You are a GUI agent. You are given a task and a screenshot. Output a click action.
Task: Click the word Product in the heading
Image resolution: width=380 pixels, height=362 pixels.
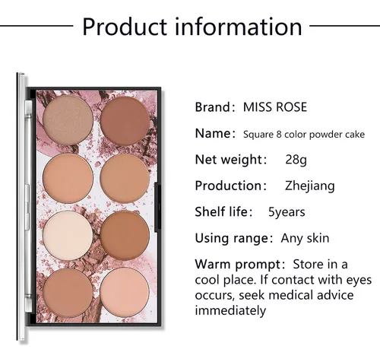click(x=125, y=27)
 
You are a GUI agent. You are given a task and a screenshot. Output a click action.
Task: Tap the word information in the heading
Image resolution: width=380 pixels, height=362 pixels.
click(x=239, y=26)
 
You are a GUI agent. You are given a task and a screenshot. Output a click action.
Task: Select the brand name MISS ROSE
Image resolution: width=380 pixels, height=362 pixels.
click(x=275, y=107)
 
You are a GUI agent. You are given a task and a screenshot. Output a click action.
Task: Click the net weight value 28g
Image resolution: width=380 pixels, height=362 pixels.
click(x=296, y=160)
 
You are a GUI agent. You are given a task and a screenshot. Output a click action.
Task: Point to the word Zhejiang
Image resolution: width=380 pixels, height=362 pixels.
click(x=310, y=186)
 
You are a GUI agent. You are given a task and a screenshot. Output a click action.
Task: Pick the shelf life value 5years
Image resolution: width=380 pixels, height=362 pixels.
click(x=287, y=212)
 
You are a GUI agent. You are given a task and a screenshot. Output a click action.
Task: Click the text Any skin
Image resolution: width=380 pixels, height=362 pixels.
click(x=305, y=238)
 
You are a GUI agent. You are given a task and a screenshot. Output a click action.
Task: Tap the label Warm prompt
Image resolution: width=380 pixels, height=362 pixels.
click(x=238, y=265)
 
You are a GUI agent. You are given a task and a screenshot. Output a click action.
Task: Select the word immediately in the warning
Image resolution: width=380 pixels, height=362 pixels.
click(x=230, y=310)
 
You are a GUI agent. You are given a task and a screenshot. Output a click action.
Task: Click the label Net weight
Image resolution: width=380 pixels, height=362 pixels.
click(x=229, y=160)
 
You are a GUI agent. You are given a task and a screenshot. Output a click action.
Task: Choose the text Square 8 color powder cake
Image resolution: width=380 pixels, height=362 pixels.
click(x=304, y=135)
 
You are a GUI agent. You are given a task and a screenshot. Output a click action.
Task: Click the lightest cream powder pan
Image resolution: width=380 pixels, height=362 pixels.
click(x=68, y=236)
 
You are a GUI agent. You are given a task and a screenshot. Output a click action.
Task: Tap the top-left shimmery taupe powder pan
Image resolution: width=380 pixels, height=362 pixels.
click(x=68, y=120)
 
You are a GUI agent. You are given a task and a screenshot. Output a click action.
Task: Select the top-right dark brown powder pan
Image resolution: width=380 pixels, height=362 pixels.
click(x=125, y=121)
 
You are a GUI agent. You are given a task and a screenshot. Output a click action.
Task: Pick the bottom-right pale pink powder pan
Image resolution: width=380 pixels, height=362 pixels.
click(x=125, y=292)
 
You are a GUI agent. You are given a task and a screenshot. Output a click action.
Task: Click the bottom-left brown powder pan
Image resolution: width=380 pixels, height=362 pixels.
click(x=68, y=293)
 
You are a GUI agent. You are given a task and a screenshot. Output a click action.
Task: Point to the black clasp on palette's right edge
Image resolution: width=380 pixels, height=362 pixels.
click(x=158, y=207)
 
